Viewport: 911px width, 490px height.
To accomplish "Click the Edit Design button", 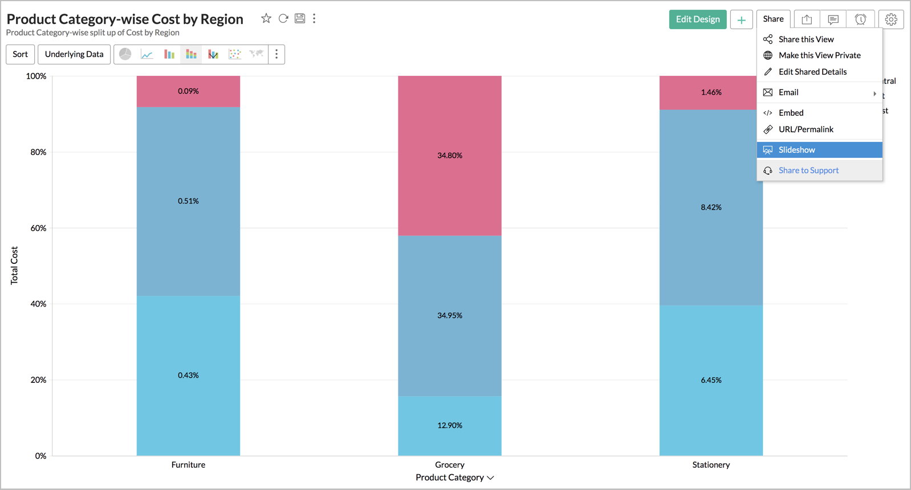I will pos(697,19).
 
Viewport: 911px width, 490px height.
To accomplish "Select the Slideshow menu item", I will pos(796,150).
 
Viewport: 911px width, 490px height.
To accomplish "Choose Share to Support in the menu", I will pos(808,170).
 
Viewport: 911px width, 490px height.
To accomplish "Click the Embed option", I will pos(791,113).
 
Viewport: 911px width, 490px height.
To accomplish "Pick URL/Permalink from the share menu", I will pos(806,129).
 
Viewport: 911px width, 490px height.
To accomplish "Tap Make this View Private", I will pos(819,55).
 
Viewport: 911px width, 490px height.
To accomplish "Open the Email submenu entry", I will pos(788,92).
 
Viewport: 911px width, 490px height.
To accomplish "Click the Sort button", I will pos(20,54).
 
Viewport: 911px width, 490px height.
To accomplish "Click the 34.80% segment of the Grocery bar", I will pos(450,156).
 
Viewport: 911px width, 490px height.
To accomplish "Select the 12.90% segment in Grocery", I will pos(450,426).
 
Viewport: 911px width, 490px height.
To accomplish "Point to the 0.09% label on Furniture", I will pos(188,91).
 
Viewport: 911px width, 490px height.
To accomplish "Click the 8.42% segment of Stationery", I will pos(711,207).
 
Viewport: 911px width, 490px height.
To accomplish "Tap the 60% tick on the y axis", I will pos(38,228).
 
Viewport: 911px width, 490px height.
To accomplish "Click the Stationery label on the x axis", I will pos(711,465).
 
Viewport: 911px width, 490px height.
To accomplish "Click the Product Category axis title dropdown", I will pos(454,477).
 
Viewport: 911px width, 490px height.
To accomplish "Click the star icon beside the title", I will pos(266,19).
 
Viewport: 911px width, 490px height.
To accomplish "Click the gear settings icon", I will pos(890,19).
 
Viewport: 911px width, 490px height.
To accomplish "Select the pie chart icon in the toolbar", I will pos(125,54).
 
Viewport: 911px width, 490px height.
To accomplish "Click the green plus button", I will pos(741,20).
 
